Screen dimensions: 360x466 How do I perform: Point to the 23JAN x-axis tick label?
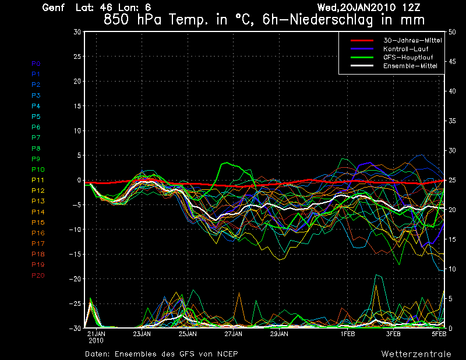[x=142, y=334]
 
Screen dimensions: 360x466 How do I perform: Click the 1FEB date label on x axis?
[x=348, y=334]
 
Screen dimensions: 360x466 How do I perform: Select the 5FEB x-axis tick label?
[x=439, y=334]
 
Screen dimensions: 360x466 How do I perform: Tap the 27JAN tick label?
[x=233, y=334]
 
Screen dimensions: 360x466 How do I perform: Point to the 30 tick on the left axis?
[x=77, y=32]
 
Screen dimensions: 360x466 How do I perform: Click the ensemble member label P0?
[x=36, y=63]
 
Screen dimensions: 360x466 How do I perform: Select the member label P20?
[x=38, y=276]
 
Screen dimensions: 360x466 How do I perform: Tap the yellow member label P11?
[x=38, y=180]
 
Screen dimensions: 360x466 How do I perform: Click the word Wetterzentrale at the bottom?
[x=416, y=354]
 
